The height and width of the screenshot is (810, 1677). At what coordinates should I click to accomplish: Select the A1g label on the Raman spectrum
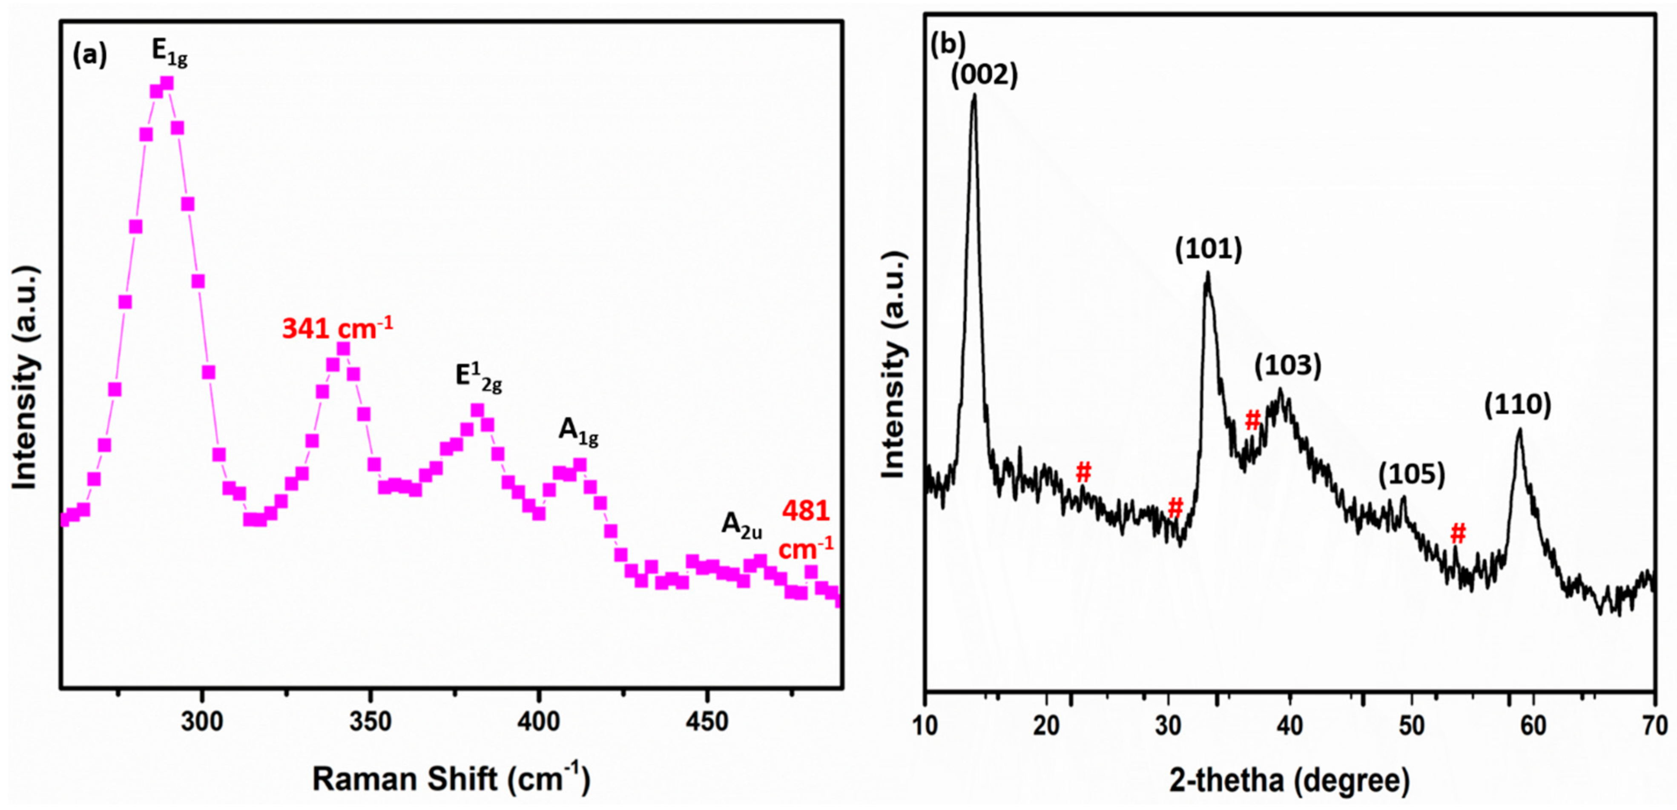(x=578, y=431)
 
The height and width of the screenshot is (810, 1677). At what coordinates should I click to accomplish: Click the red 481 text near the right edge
(x=806, y=511)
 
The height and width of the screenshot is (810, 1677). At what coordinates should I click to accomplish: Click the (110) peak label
(x=1518, y=405)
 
